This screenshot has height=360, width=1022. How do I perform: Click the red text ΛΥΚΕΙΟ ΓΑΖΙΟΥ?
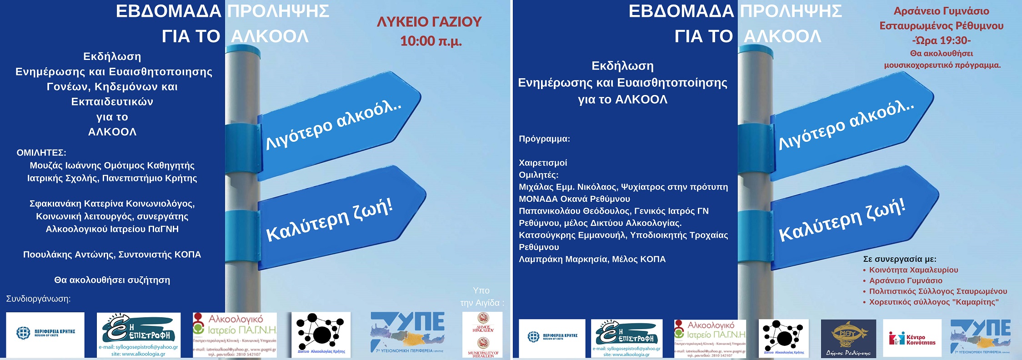click(429, 22)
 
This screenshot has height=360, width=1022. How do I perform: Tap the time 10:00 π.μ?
click(431, 41)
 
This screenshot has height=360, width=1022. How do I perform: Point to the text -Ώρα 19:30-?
click(941, 40)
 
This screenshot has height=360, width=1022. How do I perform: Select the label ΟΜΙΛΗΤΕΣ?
click(41, 153)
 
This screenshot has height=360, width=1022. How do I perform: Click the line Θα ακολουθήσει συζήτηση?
click(112, 280)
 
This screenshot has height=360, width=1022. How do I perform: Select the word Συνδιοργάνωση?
click(38, 299)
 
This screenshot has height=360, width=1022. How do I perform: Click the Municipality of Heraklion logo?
click(483, 335)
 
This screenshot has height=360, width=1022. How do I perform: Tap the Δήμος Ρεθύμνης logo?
click(848, 338)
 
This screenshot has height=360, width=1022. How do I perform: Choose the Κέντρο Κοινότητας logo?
click(912, 339)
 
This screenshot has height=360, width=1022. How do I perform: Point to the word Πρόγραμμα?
click(544, 139)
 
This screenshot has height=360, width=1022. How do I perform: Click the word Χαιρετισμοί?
click(543, 163)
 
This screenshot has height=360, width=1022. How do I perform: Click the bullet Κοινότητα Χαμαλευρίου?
click(913, 270)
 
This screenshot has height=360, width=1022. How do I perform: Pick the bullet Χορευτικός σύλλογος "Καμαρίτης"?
click(934, 302)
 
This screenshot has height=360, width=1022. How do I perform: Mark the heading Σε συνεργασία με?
click(899, 259)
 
